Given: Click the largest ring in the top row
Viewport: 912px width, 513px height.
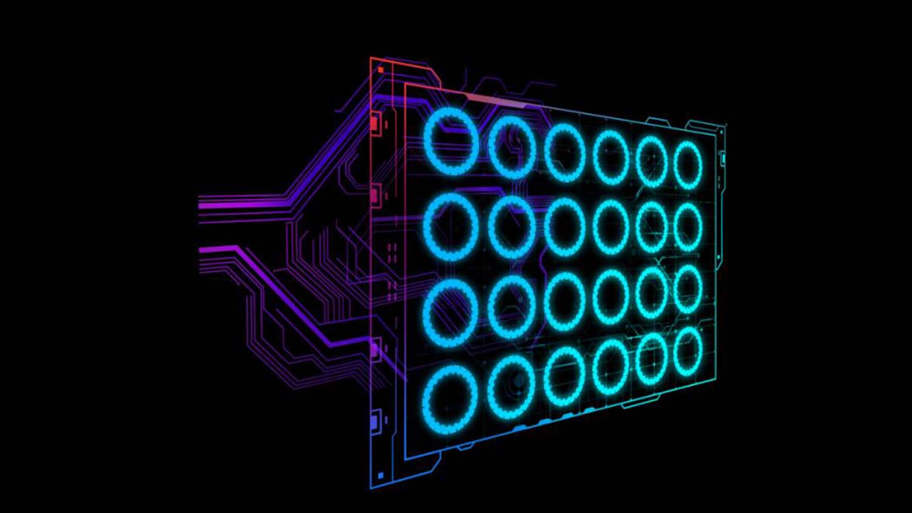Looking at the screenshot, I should (x=451, y=142).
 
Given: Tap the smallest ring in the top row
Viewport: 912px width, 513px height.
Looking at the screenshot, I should (x=688, y=165).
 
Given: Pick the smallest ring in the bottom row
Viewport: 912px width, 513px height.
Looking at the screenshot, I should (x=688, y=351).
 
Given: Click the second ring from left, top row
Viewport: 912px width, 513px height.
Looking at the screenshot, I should (x=512, y=148).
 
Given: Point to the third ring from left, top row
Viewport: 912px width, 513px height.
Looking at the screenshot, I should (x=564, y=153).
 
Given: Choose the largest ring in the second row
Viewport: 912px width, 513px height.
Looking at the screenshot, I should (x=451, y=226).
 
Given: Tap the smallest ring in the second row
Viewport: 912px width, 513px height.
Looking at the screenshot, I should (x=688, y=227).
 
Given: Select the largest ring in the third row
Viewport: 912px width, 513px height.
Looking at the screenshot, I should (x=451, y=314).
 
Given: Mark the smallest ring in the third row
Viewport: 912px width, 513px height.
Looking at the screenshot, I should (x=688, y=289).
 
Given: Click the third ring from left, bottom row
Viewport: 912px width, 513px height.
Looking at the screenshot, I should (x=564, y=377).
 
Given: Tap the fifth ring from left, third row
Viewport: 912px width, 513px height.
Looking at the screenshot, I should (x=652, y=293).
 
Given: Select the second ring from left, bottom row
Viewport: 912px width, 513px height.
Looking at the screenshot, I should (x=511, y=388).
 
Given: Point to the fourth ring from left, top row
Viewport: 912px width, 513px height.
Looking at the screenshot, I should (x=610, y=157).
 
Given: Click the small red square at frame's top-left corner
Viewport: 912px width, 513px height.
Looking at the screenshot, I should (x=381, y=70).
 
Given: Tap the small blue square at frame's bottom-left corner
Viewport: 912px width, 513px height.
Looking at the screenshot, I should (x=381, y=475).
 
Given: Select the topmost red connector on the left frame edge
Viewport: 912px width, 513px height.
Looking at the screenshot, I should (x=375, y=123).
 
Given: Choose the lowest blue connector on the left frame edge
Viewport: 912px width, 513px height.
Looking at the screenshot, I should (x=375, y=421).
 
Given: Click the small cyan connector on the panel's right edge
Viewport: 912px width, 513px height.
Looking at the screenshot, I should (x=723, y=158).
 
